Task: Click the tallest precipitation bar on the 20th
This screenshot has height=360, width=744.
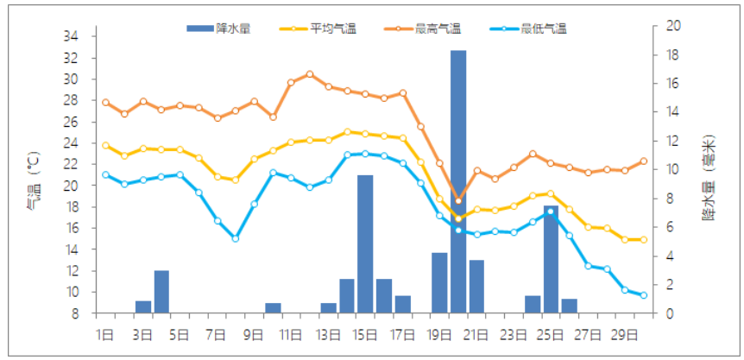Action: (x=458, y=181)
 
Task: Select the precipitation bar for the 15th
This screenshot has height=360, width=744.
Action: (x=365, y=243)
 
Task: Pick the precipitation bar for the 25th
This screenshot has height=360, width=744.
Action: (x=551, y=259)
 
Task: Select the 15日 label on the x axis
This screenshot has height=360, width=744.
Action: (x=365, y=333)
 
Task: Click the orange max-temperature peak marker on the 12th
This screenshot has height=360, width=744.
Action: (x=310, y=74)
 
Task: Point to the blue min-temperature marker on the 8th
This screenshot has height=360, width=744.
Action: (x=236, y=238)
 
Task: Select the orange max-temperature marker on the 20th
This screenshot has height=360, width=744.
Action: (x=458, y=200)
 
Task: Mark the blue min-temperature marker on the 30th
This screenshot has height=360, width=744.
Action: (x=644, y=295)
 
